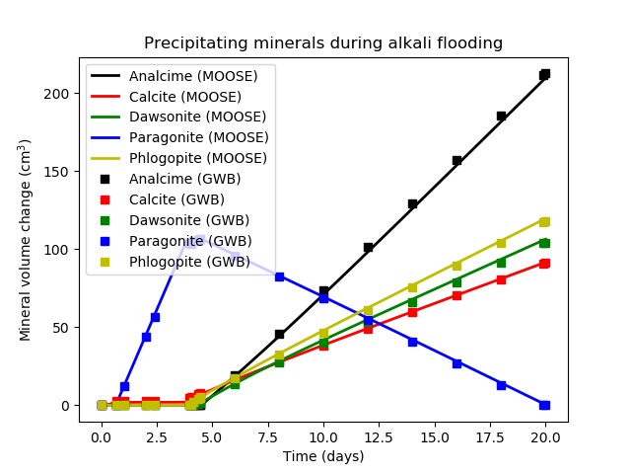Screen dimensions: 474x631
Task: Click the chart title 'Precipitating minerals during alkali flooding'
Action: point(323,43)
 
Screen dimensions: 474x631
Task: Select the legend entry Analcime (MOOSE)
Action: point(193,76)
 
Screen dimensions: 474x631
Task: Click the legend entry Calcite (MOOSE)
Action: point(184,97)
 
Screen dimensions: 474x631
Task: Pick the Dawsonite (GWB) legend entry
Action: point(189,220)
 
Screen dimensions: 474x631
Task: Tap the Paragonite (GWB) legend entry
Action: point(190,241)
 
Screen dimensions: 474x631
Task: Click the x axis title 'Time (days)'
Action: point(323,456)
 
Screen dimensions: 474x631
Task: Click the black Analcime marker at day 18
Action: point(501,116)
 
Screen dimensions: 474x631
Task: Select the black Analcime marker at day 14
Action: point(412,203)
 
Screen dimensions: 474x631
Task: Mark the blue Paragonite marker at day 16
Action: point(456,363)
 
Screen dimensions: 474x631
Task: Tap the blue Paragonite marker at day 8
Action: point(279,276)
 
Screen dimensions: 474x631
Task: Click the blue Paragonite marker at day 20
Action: point(544,405)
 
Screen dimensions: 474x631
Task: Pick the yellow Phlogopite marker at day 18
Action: point(501,242)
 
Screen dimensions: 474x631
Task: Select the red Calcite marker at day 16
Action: point(456,295)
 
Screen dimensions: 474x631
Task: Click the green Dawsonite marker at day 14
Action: point(412,302)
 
